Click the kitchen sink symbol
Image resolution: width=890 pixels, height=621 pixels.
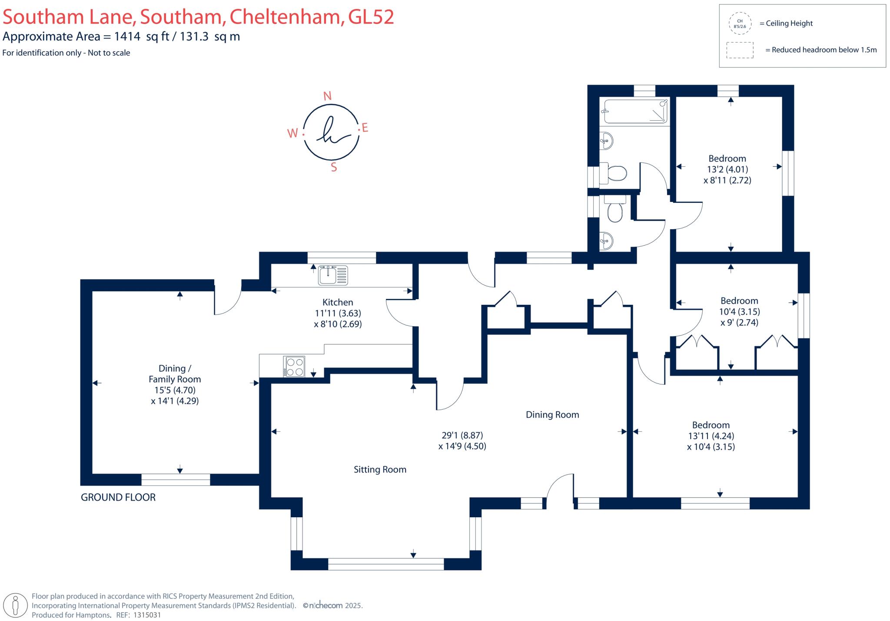pos(333,275)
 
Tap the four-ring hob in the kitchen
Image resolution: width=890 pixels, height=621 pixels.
pos(294,367)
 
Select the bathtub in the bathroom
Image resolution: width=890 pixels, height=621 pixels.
pos(634,111)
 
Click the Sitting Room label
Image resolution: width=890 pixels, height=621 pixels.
pos(380,469)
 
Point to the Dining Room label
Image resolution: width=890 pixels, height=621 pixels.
pos(552,415)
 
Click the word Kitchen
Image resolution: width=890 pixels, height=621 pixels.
pos(338,302)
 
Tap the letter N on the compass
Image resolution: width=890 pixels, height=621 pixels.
pos(328,96)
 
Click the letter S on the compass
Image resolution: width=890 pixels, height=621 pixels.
pos(334,167)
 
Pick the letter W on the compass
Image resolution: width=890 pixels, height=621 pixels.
pos(292,133)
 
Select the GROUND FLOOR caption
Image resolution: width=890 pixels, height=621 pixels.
pos(118,497)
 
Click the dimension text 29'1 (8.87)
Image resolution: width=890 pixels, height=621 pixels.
pos(462,435)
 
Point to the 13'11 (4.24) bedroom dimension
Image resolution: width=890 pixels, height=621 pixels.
pos(711,436)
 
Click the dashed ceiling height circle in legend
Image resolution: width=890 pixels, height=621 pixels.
pos(740,23)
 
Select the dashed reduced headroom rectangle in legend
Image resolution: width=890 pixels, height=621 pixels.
pos(740,50)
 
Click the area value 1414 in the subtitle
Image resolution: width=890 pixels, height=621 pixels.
pos(127,36)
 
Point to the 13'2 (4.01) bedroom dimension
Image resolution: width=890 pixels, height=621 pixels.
pos(727,169)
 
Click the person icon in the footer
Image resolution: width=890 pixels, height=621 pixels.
pos(16,605)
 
